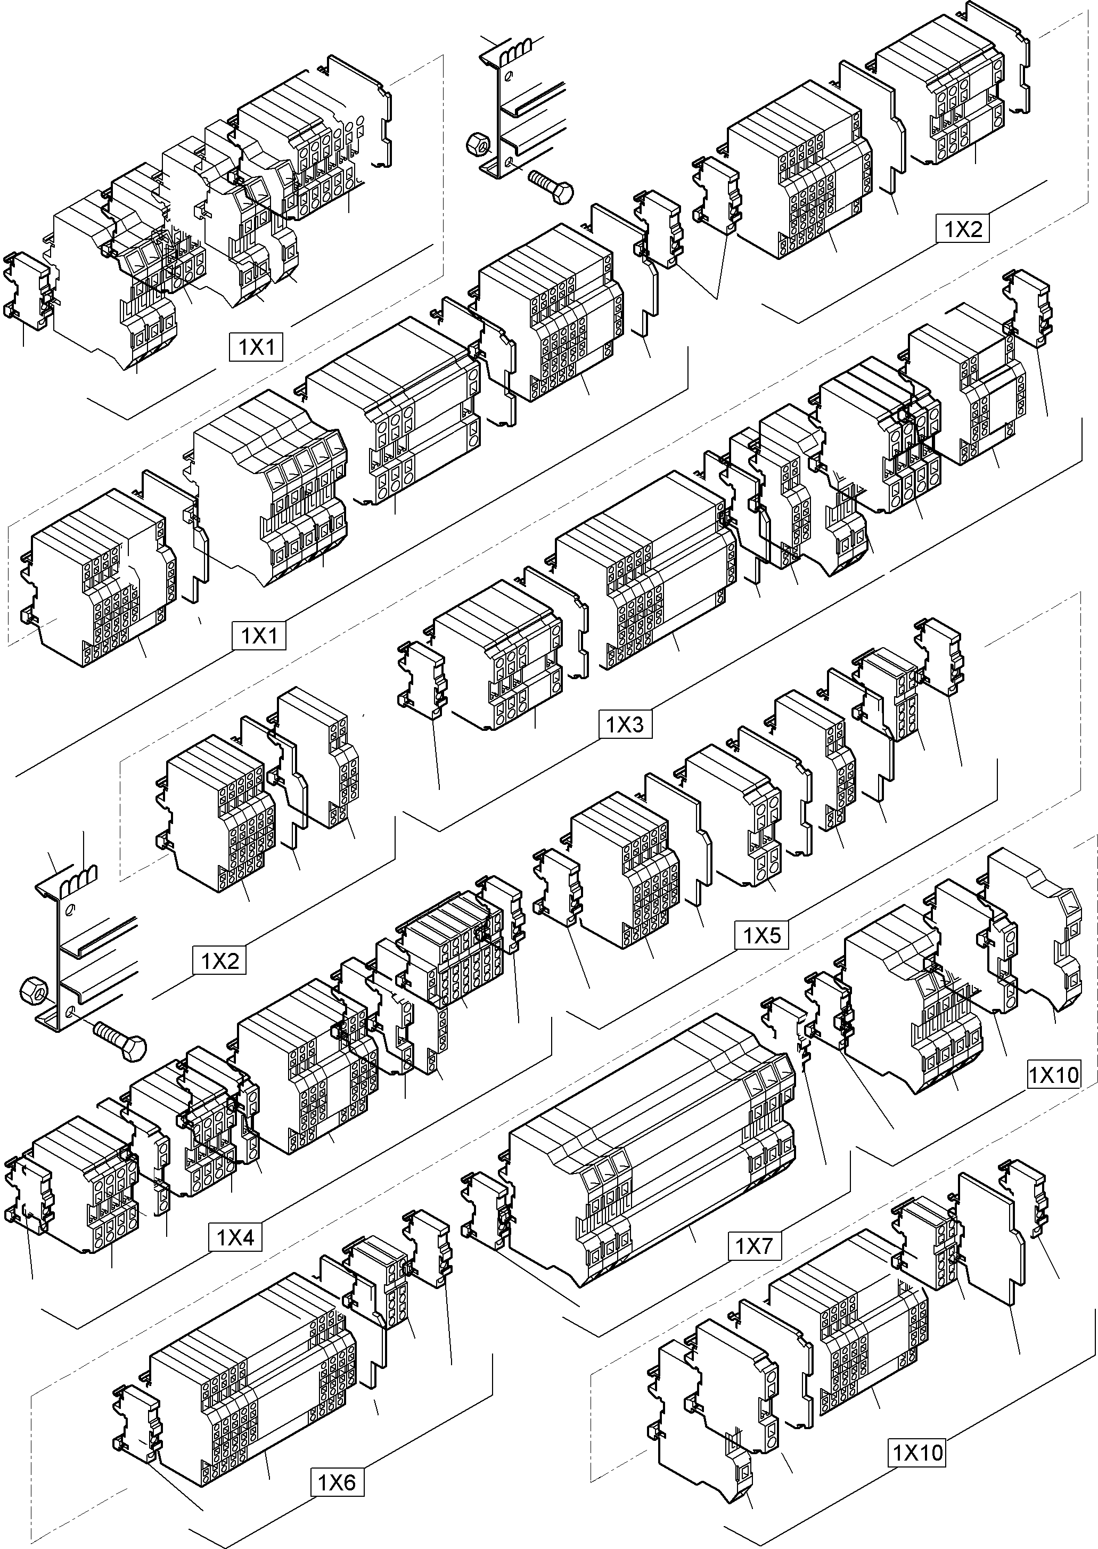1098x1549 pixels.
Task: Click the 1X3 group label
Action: (x=625, y=725)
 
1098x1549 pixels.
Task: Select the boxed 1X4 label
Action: (x=235, y=1238)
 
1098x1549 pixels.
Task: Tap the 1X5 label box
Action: (x=762, y=936)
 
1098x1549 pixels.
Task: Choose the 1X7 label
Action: (x=754, y=1245)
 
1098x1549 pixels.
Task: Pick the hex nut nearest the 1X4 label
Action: (x=33, y=992)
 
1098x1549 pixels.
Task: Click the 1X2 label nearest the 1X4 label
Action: (x=219, y=960)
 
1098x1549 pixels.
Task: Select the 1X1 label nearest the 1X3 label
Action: (x=259, y=635)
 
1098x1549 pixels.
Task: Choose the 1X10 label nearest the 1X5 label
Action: (x=1053, y=1074)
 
